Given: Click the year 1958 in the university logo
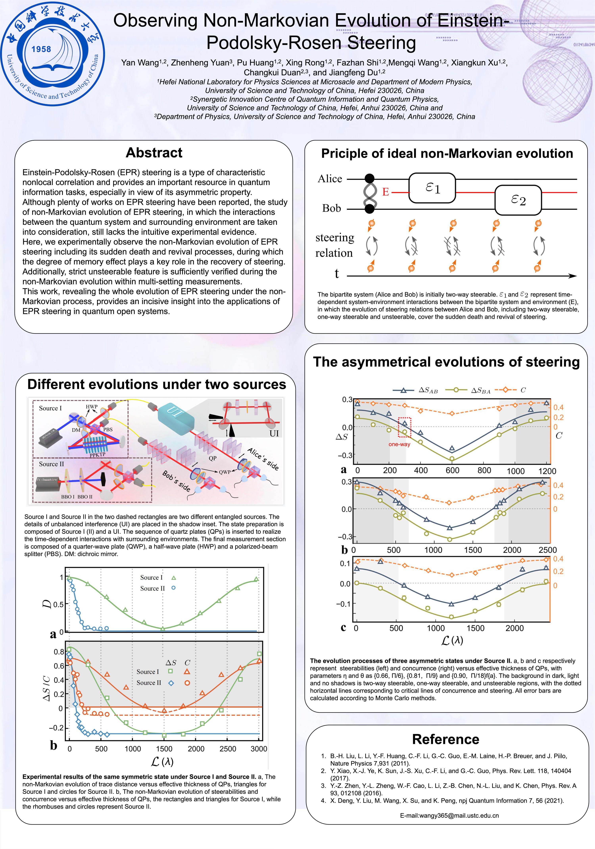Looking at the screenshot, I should coord(41,49).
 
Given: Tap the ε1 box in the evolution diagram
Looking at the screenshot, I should coord(432,188).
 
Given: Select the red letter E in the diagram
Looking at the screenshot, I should coord(385,192).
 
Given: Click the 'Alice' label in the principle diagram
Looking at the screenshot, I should coord(329,179).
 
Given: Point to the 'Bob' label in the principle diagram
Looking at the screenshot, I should coord(331,208).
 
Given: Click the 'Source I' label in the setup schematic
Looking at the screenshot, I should coord(50,408).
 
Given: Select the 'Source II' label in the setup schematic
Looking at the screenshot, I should coord(51,464).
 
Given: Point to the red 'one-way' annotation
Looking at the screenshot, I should coord(399,444).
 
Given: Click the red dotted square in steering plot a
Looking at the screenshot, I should coord(404,427).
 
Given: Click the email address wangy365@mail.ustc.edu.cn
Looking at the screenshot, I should coord(449,815).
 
